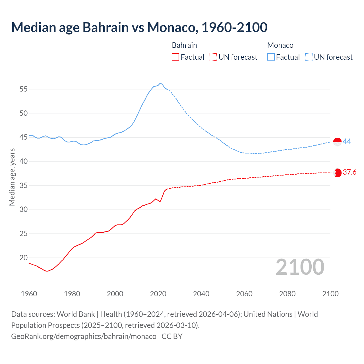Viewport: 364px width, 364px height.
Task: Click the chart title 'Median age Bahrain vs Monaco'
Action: tap(139, 27)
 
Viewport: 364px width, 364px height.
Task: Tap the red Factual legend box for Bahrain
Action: tap(175, 57)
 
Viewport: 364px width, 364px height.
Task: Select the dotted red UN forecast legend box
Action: tap(213, 57)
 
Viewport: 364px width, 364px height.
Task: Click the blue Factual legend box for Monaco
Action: tap(271, 57)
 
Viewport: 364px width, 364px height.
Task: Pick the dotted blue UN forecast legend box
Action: tap(309, 57)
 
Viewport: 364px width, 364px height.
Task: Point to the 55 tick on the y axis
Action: tap(24, 89)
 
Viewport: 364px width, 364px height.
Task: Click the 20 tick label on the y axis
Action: tap(24, 258)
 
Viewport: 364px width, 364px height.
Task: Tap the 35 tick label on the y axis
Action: tap(24, 186)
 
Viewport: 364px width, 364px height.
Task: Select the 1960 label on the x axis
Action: tap(29, 294)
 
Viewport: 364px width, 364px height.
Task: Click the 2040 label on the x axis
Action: tap(201, 294)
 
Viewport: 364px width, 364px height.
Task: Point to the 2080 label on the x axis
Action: tap(287, 294)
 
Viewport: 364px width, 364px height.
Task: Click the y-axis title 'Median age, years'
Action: tap(12, 177)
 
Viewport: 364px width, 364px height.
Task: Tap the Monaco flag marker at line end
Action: tap(337, 142)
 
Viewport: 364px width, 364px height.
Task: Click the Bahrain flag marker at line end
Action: tap(337, 173)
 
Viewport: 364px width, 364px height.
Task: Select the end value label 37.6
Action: tap(349, 172)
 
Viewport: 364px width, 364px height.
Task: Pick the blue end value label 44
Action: tap(347, 141)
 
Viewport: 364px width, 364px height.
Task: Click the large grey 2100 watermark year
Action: tap(300, 267)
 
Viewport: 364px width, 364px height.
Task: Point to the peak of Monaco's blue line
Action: tap(160, 83)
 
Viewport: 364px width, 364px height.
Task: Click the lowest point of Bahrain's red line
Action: tap(47, 271)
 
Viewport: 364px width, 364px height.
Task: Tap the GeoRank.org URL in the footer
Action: tap(84, 336)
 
